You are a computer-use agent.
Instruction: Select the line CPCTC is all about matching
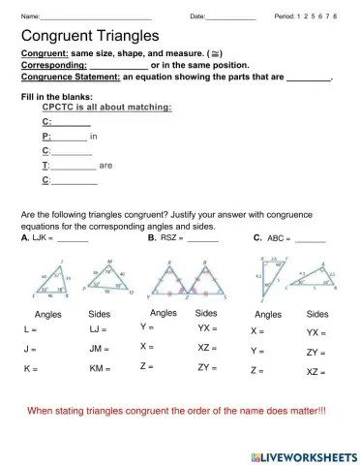(x=107, y=108)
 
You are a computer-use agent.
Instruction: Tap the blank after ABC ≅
(x=311, y=238)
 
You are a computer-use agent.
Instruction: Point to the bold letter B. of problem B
(x=152, y=236)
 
